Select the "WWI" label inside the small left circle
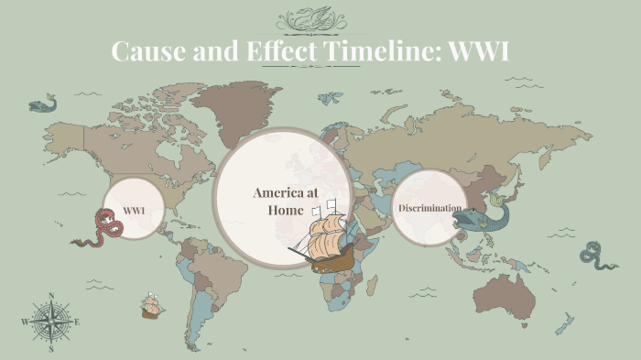pos(134,211)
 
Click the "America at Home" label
pos(285,202)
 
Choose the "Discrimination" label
pos(429,208)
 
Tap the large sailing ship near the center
pos(324,240)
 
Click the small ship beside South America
pos(152,306)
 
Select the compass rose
pos(51,322)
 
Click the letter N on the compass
pos(51,296)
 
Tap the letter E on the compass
pos(77,322)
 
